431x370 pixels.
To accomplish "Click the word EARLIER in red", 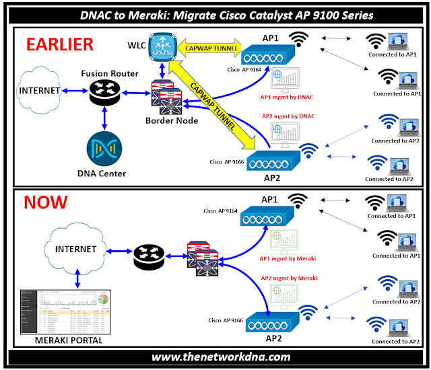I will (59, 44).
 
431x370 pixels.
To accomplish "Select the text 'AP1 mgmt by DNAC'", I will (288, 97).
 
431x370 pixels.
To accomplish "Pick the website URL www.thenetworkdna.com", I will (215, 357).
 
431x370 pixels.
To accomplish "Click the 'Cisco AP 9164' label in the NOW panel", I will (221, 211).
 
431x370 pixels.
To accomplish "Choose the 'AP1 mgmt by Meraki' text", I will (288, 258).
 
